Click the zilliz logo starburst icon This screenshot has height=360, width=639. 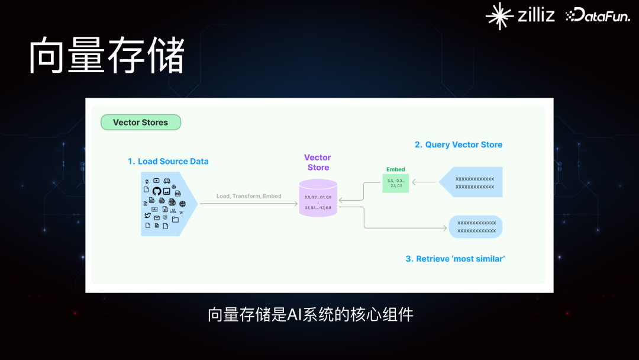499,15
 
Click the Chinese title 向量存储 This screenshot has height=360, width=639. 107,56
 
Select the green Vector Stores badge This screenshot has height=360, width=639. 140,123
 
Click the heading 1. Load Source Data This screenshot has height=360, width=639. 168,161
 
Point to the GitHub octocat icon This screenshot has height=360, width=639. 157,191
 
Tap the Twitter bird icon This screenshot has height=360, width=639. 147,216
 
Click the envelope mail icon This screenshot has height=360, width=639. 157,217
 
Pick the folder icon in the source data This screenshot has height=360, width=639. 175,219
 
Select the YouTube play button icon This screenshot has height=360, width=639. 156,181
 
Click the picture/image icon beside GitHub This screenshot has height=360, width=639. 167,192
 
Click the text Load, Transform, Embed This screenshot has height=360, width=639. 248,196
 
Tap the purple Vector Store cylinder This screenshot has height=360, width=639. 318,198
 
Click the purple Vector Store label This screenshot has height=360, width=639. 318,162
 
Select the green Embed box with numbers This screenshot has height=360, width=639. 395,183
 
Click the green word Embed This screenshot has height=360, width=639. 395,169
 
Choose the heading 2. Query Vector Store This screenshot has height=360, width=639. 459,144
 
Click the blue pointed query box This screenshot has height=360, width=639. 472,182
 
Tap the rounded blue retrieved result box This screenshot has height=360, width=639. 476,227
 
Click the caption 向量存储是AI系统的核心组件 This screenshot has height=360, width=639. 311,314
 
